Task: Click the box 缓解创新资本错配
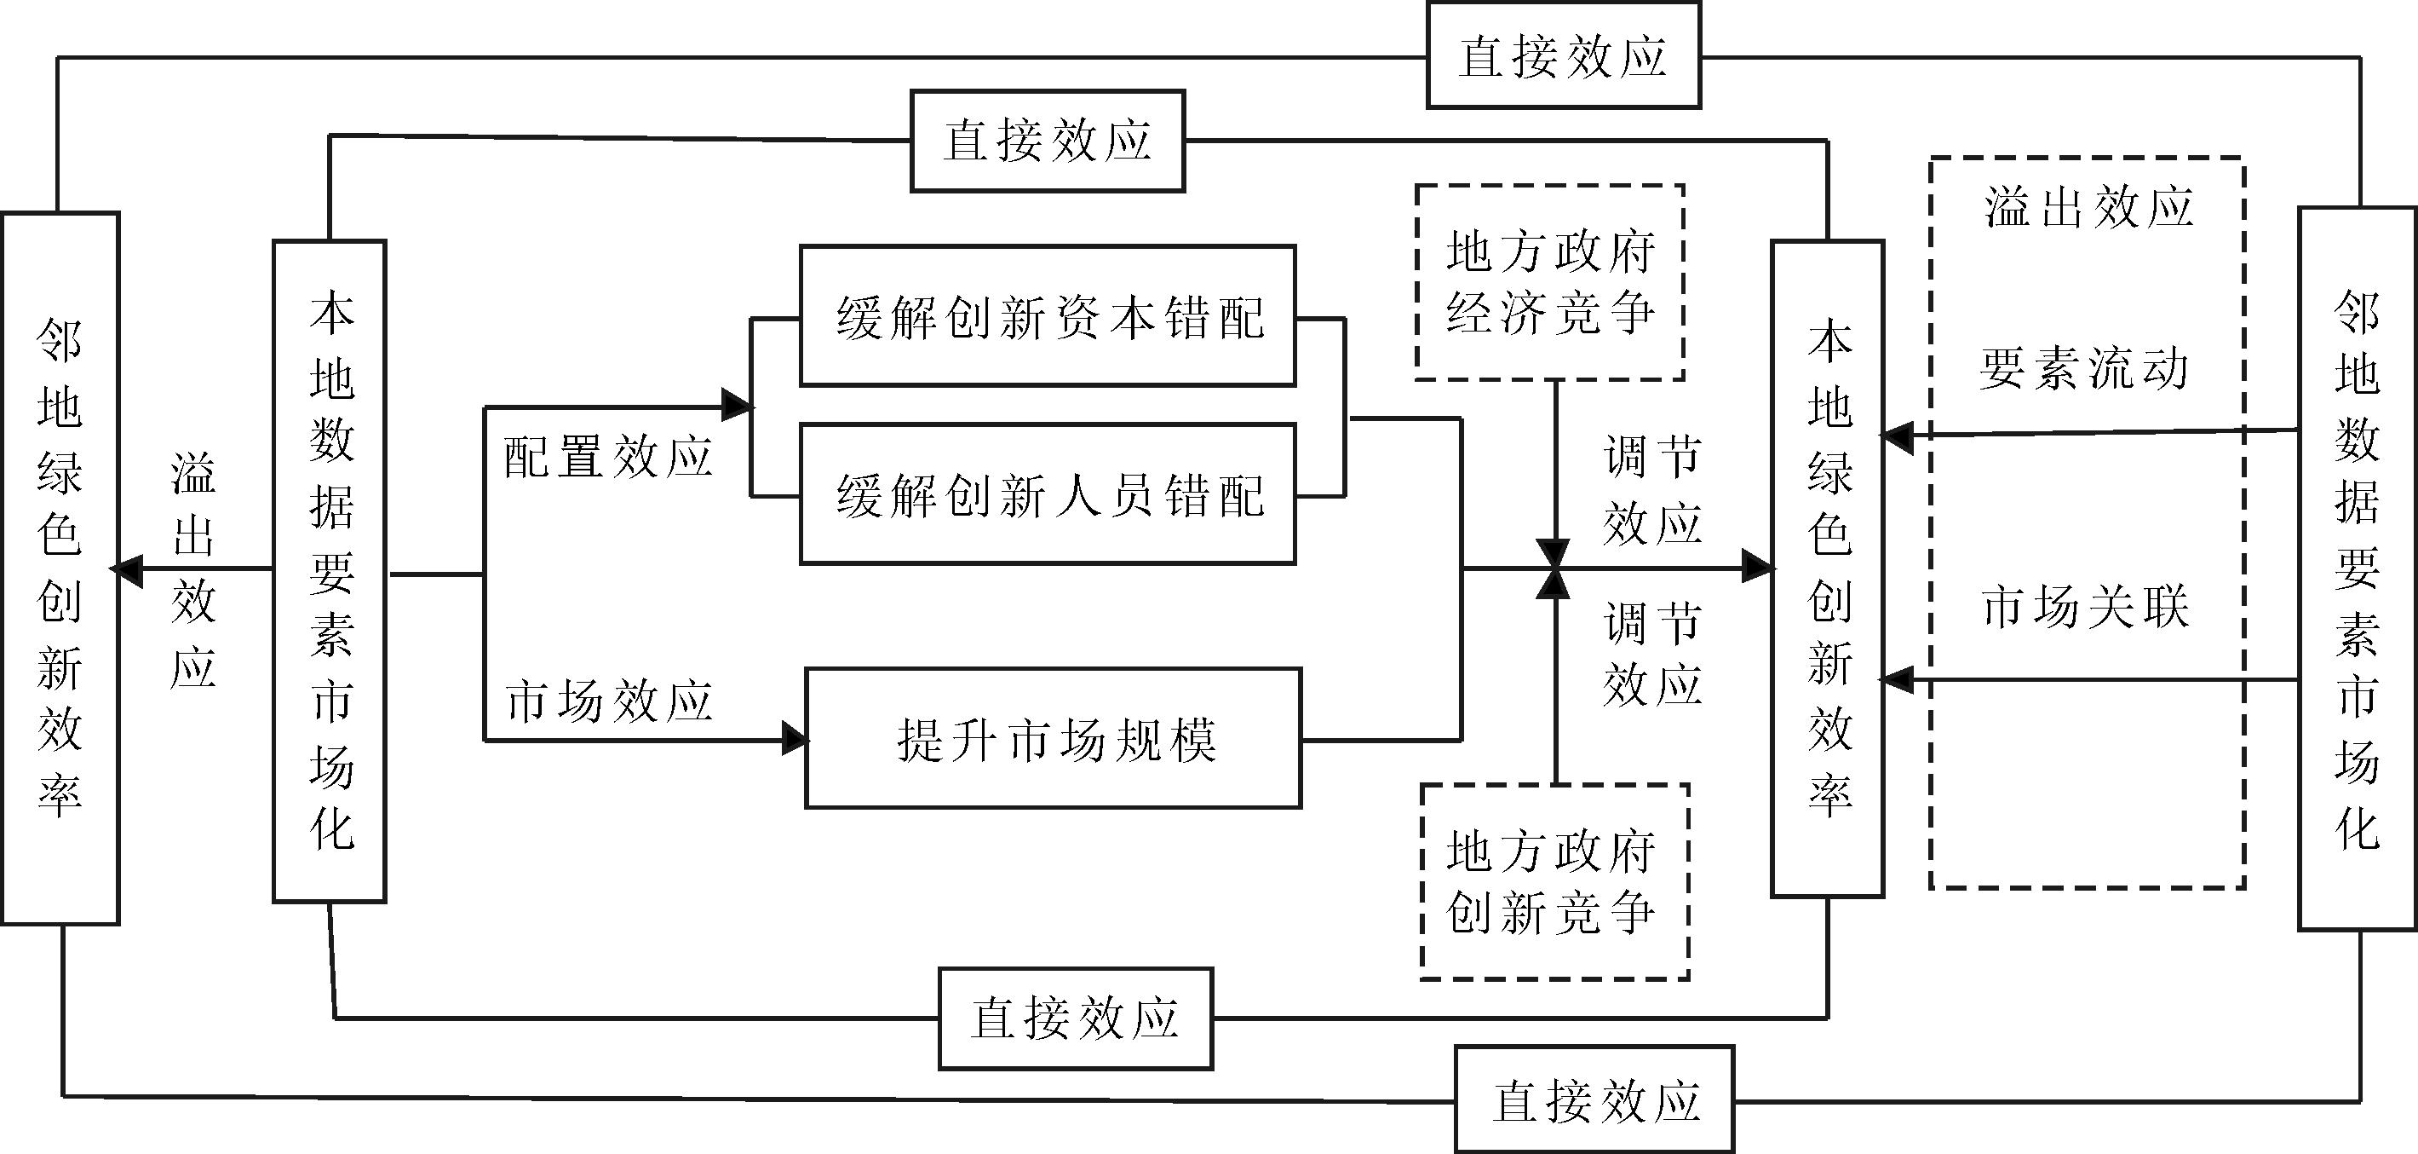pos(1048,316)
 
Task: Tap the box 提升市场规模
pos(1054,739)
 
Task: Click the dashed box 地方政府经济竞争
pos(1550,283)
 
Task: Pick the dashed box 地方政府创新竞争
pos(1554,883)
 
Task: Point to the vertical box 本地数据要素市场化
pos(330,571)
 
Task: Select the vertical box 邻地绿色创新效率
pos(60,568)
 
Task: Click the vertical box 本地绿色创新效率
pos(1828,569)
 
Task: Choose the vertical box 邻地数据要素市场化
pos(2357,569)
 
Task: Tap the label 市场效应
pos(608,701)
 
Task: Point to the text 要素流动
pos(2085,369)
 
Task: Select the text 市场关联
pos(2085,608)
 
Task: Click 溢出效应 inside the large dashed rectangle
pos(2088,207)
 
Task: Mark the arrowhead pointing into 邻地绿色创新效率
pos(127,569)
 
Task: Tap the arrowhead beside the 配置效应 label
pos(737,406)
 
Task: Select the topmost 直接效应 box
pos(1563,55)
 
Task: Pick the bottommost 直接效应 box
pos(1594,1099)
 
